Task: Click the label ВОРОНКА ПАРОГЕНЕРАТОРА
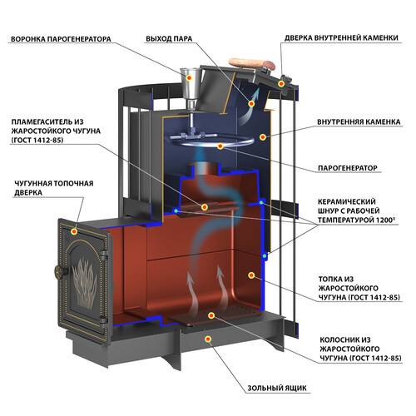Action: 61,39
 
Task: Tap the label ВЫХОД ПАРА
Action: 169,39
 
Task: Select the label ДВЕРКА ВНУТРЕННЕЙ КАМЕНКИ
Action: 341,38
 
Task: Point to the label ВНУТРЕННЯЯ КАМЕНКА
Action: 359,122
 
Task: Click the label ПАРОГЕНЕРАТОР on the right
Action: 348,168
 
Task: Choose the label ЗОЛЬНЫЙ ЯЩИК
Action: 277,388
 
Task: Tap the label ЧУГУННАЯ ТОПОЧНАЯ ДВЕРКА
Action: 54,188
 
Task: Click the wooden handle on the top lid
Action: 251,64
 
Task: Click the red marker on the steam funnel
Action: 189,77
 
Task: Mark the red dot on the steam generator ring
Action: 220,146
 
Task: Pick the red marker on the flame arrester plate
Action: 205,207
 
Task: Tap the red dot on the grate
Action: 211,315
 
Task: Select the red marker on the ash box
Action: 208,339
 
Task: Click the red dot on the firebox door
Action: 74,231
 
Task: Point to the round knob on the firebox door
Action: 59,271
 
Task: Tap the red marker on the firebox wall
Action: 251,275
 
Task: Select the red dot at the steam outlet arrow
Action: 251,104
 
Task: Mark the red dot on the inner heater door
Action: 281,83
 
